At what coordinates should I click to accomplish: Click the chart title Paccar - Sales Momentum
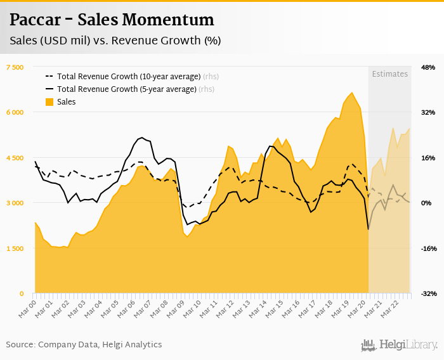point(111,20)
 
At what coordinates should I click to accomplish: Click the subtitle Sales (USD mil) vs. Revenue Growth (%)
point(115,41)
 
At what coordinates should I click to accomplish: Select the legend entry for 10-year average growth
point(129,77)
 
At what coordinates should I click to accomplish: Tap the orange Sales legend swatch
point(49,102)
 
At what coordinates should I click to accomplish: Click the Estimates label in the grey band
point(389,74)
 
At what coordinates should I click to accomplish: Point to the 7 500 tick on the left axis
point(14,67)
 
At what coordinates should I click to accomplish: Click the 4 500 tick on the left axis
point(14,158)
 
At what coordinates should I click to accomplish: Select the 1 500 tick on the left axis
point(14,248)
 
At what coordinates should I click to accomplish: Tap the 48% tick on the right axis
point(428,67)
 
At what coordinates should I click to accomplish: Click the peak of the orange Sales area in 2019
point(353,93)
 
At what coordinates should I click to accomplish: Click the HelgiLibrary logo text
point(408,345)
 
